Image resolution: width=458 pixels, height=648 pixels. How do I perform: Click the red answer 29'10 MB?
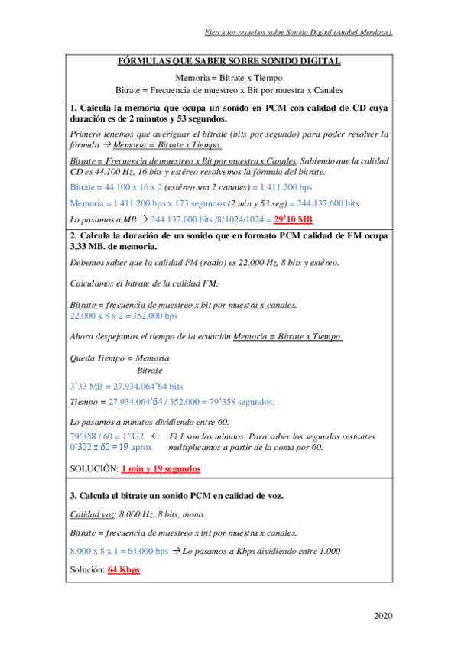[x=293, y=219]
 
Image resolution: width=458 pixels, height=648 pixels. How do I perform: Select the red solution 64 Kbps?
[x=124, y=569]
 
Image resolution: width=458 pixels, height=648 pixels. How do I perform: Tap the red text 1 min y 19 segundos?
[x=161, y=468]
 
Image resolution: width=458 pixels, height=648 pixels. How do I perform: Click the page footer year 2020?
[x=385, y=616]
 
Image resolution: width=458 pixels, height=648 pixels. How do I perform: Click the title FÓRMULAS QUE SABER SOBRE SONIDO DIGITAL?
[x=229, y=62]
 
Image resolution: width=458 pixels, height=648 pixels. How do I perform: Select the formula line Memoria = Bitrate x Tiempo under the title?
[x=229, y=78]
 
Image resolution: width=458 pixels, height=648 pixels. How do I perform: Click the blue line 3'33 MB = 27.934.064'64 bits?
[x=126, y=387]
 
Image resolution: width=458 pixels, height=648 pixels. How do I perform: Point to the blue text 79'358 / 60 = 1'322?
[x=107, y=436]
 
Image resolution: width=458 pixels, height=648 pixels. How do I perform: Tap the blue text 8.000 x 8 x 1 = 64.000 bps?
[x=119, y=550]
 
